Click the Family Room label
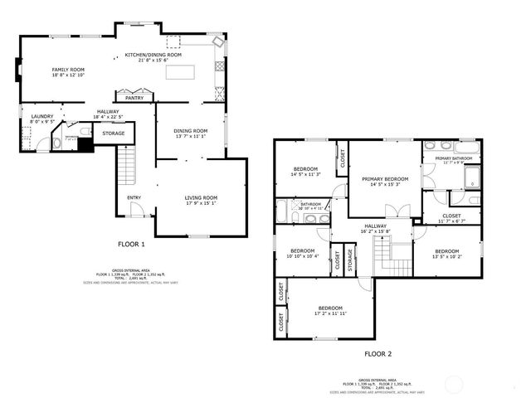click(68, 70)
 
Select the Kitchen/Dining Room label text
click(147, 55)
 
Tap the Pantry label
click(134, 98)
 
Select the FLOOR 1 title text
click(131, 245)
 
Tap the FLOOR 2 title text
click(378, 353)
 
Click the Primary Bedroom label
click(385, 178)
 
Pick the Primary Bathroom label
click(454, 158)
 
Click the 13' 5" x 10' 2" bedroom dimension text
click(446, 256)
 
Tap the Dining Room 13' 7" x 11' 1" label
click(190, 135)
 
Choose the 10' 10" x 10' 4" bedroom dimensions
click(302, 256)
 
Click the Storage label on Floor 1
click(114, 133)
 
